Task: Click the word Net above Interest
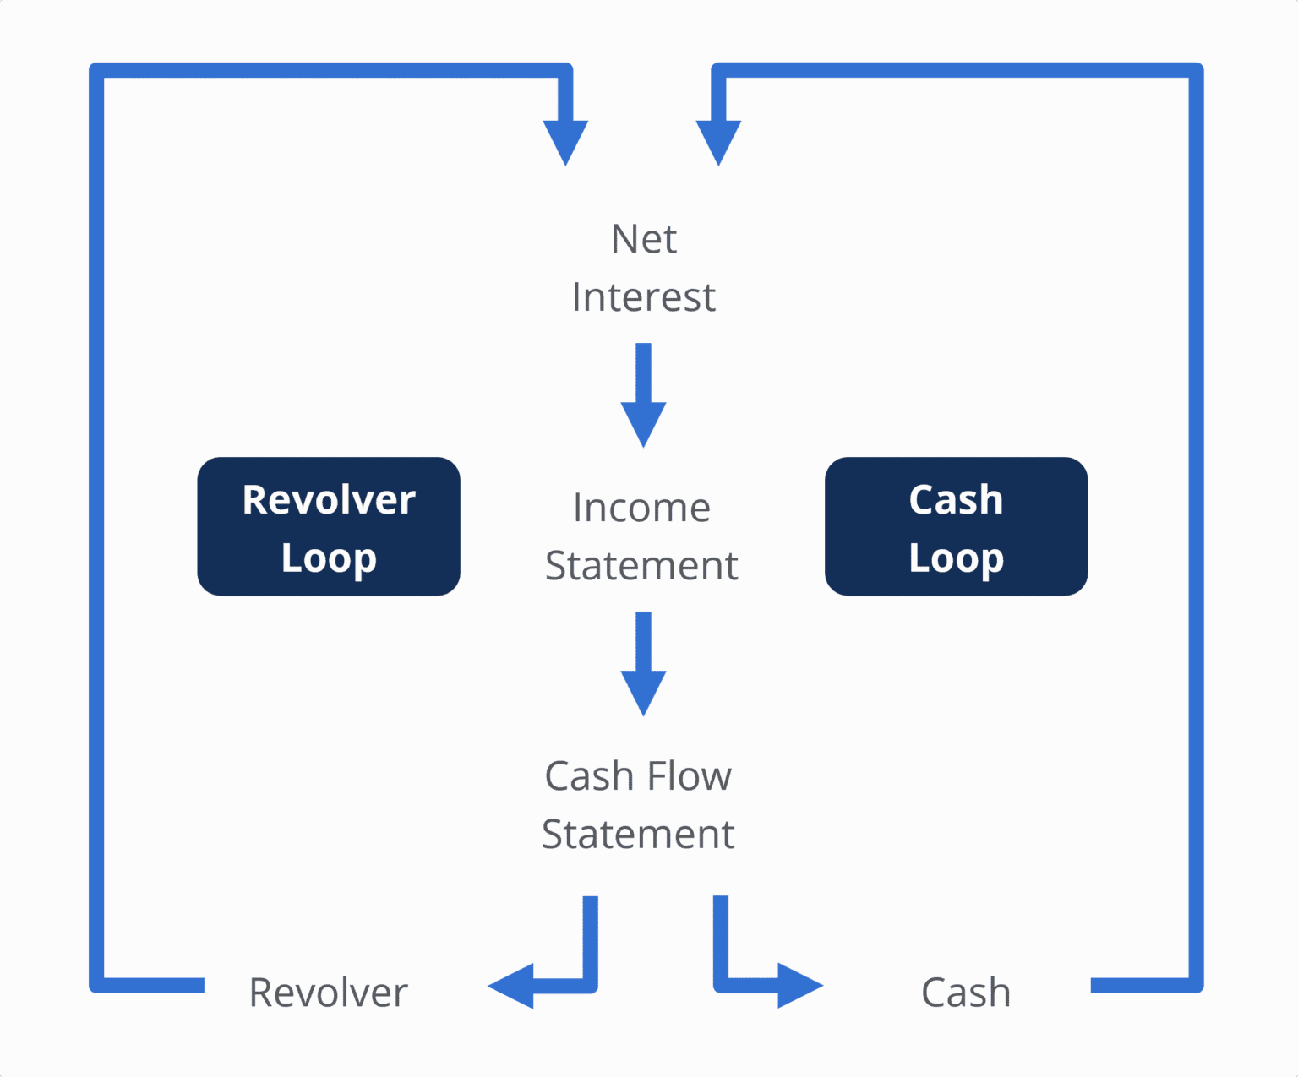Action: point(643,240)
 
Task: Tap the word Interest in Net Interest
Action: point(643,297)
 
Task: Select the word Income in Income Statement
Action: point(641,509)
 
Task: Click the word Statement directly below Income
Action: point(641,566)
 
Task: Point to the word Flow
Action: point(689,776)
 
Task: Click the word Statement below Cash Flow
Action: point(638,835)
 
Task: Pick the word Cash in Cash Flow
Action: point(589,776)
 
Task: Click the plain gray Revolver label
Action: point(328,993)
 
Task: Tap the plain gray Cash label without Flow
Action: point(965,993)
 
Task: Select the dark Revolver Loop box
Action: point(329,526)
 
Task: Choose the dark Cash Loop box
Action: point(956,526)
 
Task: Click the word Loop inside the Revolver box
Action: point(329,558)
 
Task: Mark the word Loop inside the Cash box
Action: point(956,558)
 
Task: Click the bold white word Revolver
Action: point(329,500)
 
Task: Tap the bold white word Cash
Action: point(956,500)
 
